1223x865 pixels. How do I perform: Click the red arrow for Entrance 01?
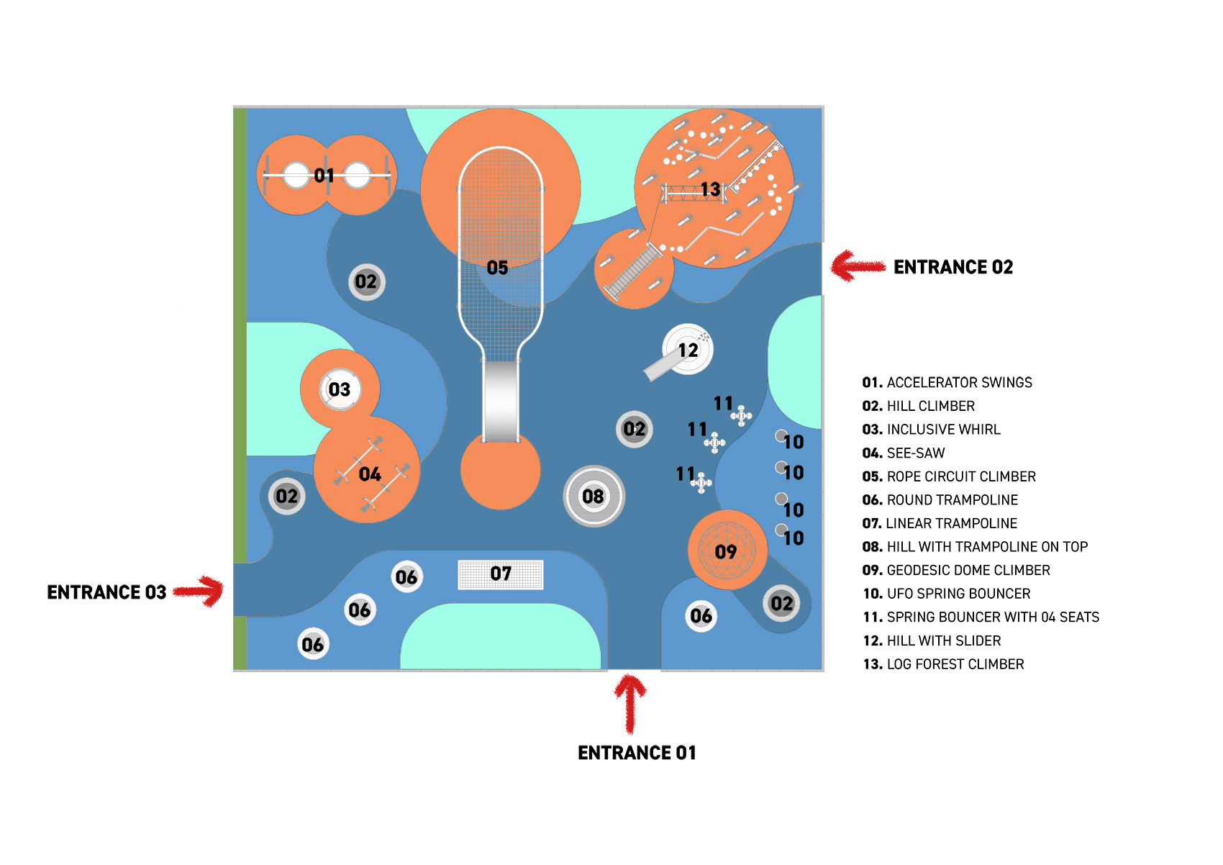point(630,705)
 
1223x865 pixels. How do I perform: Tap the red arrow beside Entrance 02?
point(858,266)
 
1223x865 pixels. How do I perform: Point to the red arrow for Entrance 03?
point(199,591)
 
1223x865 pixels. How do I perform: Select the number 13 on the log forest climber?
point(710,189)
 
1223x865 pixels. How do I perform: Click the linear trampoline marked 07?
point(501,574)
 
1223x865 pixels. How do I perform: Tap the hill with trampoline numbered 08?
point(594,497)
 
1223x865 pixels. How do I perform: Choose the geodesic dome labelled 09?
point(727,550)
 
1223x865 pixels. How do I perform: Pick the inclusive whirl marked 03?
point(340,389)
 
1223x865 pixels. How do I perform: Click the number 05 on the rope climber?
point(497,268)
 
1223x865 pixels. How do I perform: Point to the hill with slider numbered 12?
point(687,350)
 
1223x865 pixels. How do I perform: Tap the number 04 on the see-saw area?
point(370,474)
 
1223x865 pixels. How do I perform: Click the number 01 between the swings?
point(324,176)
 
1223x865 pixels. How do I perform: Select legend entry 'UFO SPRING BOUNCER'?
point(946,594)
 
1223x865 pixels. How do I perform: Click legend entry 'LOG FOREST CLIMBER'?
point(943,664)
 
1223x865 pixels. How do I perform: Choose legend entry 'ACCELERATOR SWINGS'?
point(947,382)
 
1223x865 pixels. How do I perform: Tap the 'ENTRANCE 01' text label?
point(637,753)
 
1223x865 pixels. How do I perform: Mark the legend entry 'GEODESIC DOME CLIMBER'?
point(956,570)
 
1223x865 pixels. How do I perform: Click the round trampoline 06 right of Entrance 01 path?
point(701,616)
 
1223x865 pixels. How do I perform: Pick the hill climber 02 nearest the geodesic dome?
point(781,604)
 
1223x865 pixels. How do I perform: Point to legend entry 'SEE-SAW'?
point(903,453)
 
